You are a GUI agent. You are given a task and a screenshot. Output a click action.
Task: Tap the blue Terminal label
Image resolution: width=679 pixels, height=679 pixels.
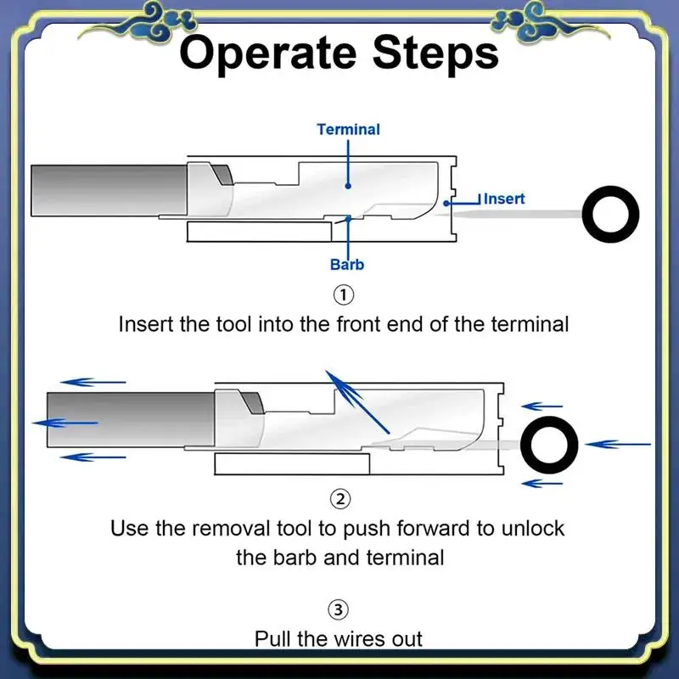348,130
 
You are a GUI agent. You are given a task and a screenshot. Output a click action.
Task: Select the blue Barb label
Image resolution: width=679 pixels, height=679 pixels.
347,265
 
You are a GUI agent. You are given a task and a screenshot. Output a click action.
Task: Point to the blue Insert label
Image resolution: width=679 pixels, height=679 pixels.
504,199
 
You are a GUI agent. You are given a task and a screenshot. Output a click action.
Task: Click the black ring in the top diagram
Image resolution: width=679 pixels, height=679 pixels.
611,213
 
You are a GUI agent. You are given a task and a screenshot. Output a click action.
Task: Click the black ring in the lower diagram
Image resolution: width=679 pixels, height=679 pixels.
549,444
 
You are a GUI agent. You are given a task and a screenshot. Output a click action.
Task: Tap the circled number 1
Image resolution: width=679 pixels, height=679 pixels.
342,295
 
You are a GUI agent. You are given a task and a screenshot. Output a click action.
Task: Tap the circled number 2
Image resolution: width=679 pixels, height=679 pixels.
339,498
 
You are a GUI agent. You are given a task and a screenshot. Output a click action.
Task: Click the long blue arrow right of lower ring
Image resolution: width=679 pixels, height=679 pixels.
618,444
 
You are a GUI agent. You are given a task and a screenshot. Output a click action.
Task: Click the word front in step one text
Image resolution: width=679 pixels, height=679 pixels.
373,323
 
